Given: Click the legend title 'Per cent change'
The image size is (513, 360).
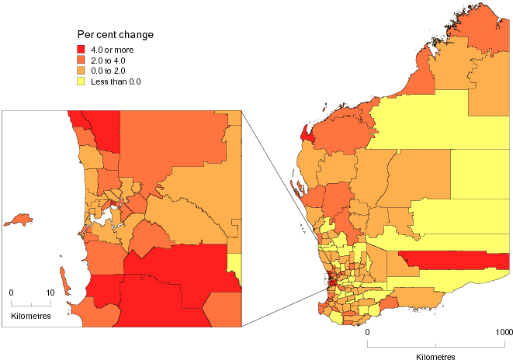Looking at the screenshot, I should pyautogui.click(x=114, y=35).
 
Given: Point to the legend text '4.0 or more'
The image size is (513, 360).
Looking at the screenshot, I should pyautogui.click(x=113, y=50).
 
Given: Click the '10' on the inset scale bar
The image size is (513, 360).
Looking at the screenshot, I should pyautogui.click(x=50, y=292).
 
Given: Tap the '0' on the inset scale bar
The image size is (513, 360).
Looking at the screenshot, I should pyautogui.click(x=12, y=292).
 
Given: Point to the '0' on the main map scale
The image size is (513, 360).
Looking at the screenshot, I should pyautogui.click(x=368, y=333).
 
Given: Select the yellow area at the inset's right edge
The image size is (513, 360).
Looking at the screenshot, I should pyautogui.click(x=236, y=268).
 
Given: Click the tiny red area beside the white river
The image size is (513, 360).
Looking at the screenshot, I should pyautogui.click(x=113, y=205).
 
